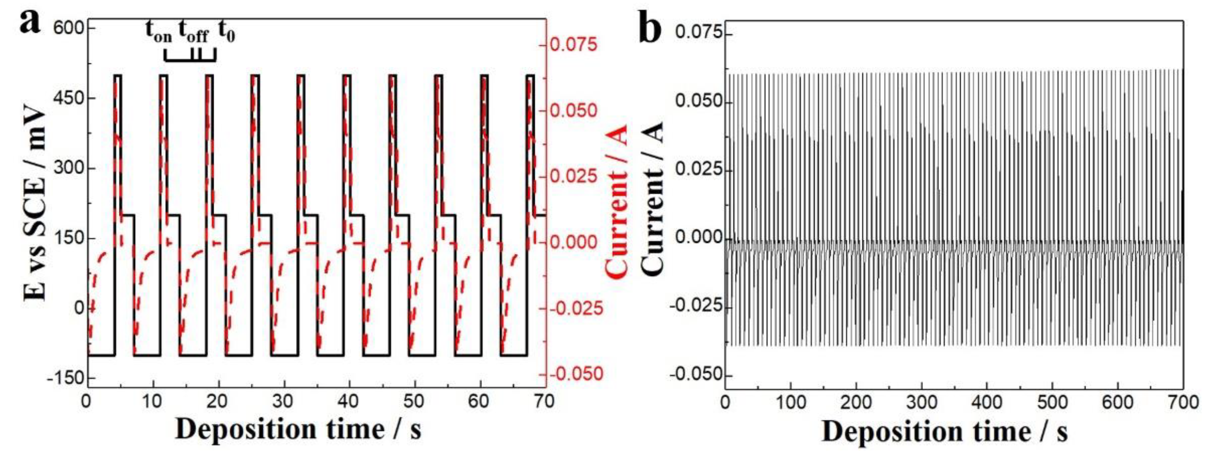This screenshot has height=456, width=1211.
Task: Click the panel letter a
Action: pyautogui.click(x=30, y=22)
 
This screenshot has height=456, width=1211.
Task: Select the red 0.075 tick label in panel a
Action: pyautogui.click(x=573, y=45)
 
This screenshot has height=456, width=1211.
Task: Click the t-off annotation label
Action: pyautogui.click(x=193, y=32)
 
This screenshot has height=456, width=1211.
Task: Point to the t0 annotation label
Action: pyautogui.click(x=226, y=32)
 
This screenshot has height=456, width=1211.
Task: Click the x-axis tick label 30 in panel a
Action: pyautogui.click(x=283, y=402)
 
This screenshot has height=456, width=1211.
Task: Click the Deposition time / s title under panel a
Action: pyautogui.click(x=298, y=430)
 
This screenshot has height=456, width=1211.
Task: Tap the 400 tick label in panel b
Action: pyautogui.click(x=986, y=403)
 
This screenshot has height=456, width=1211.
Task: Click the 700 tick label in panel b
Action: pyautogui.click(x=1182, y=403)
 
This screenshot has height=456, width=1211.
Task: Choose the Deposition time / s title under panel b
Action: pyautogui.click(x=945, y=431)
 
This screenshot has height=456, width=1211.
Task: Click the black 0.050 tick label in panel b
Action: pyautogui.click(x=697, y=101)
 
